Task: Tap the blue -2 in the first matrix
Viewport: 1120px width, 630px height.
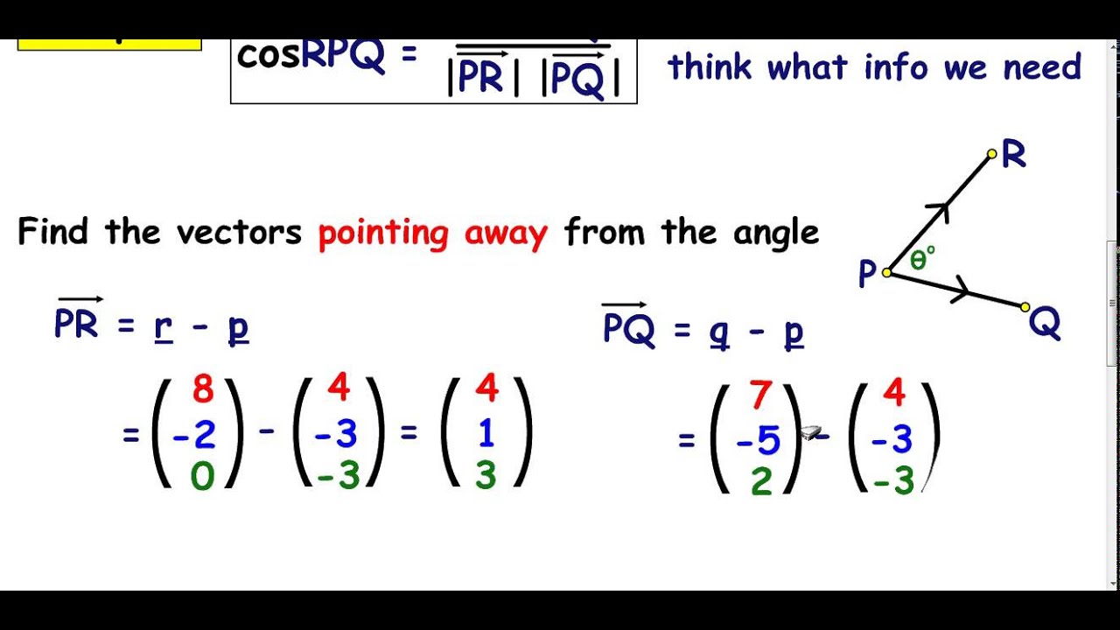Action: coord(194,433)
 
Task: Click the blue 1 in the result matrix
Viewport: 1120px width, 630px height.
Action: coord(486,433)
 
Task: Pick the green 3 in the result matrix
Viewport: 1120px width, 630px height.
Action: coord(486,475)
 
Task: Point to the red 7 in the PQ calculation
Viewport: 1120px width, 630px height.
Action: coord(760,396)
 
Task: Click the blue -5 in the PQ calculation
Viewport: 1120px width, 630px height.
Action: coord(758,440)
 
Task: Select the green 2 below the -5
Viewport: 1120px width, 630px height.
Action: coord(761,482)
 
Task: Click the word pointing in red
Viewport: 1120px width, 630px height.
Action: coord(383,234)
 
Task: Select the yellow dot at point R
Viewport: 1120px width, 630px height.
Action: coord(991,154)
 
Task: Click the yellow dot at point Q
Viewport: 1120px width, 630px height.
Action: coord(1025,307)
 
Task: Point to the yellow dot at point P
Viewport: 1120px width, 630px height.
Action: coord(886,273)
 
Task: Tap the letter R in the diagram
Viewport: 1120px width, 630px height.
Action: coord(1013,156)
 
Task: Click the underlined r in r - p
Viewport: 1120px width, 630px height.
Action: coord(162,325)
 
